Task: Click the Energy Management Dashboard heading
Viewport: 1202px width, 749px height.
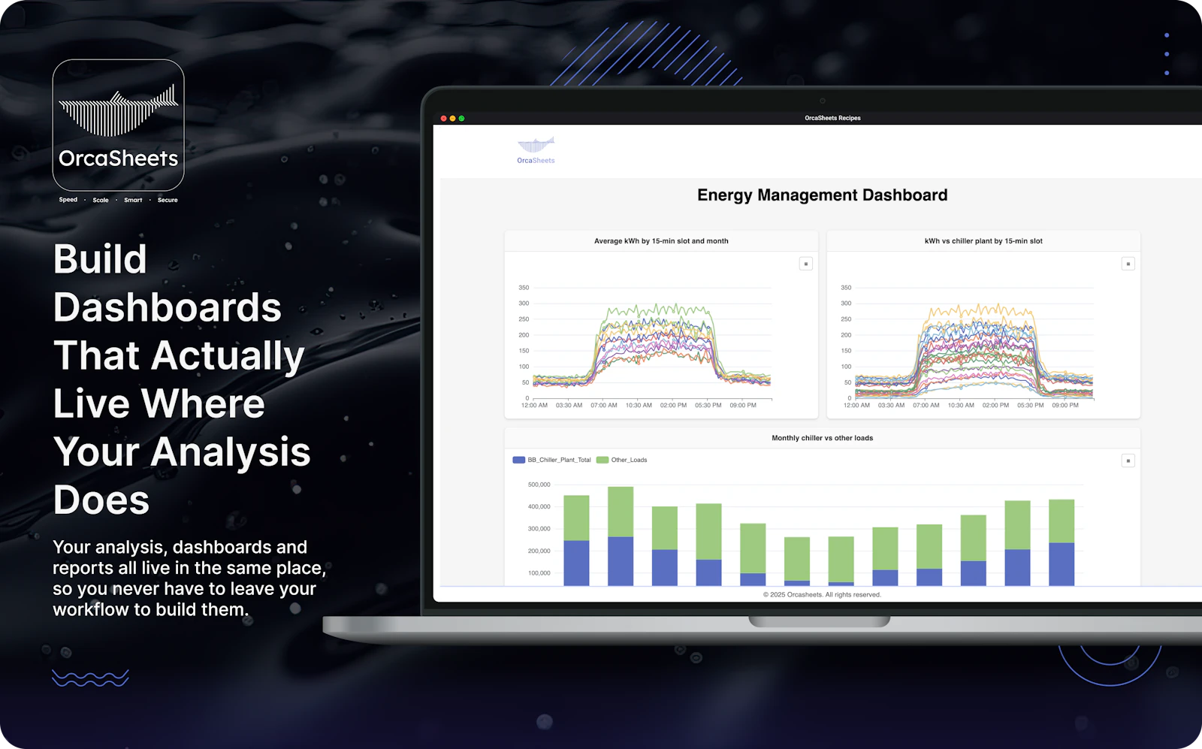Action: [x=822, y=195]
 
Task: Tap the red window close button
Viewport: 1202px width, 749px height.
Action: [x=444, y=119]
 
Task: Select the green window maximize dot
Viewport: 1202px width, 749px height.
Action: [x=462, y=119]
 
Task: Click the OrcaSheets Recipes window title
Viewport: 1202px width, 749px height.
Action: [x=832, y=118]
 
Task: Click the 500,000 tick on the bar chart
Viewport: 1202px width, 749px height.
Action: [x=539, y=485]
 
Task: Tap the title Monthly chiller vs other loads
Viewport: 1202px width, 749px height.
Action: [x=822, y=438]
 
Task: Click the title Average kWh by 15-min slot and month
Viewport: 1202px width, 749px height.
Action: [x=661, y=241]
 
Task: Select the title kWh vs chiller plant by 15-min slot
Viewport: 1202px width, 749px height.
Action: [x=983, y=241]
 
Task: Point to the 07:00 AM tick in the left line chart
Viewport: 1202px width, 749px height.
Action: [x=604, y=406]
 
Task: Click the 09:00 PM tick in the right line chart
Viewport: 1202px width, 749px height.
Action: [x=1065, y=406]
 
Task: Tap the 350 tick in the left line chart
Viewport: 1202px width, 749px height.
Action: [x=524, y=288]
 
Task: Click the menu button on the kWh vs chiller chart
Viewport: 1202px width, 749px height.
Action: [x=1128, y=264]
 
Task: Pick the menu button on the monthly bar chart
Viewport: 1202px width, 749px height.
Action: [x=1128, y=461]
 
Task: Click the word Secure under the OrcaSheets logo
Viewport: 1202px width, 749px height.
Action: [x=168, y=201]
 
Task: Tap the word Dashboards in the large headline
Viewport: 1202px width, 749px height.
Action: [x=168, y=308]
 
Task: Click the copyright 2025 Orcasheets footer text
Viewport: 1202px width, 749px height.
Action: [x=822, y=595]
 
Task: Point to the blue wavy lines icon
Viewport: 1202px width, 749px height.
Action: [x=90, y=678]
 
